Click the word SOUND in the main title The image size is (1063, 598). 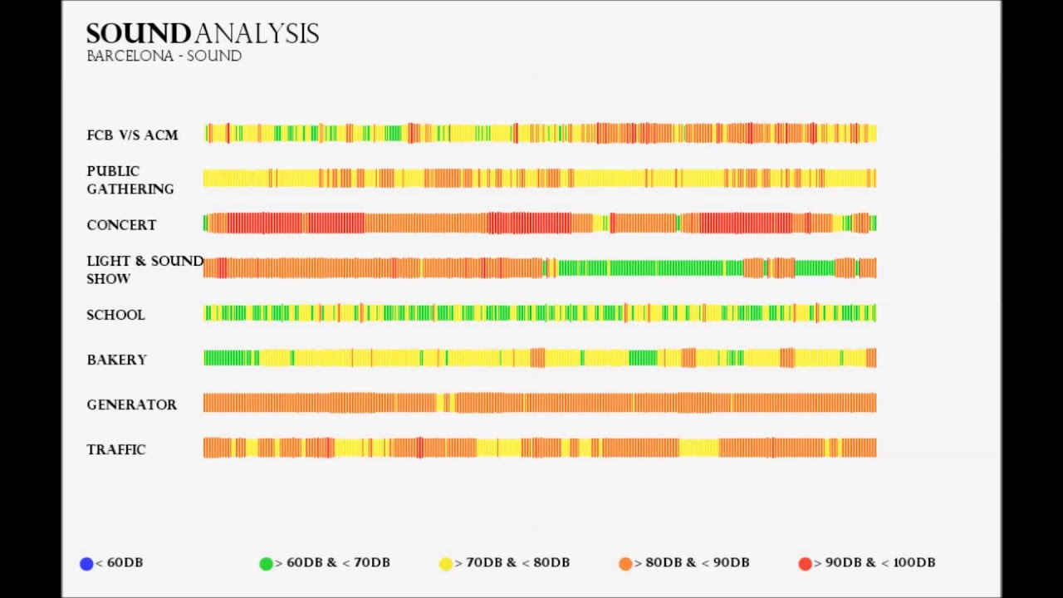[x=139, y=34]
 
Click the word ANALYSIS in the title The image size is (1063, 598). [x=257, y=34]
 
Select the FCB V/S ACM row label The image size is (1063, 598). [x=132, y=135]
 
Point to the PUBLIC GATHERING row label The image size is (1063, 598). [x=130, y=180]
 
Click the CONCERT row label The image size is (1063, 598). [x=121, y=225]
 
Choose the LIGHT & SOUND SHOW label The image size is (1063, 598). [x=144, y=270]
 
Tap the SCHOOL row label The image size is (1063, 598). [x=115, y=315]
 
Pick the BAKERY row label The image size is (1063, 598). [x=116, y=360]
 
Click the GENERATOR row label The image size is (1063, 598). [x=131, y=404]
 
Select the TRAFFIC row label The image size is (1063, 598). [x=116, y=449]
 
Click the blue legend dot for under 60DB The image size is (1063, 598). [x=86, y=564]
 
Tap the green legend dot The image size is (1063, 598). [x=266, y=564]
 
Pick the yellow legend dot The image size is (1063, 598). [x=446, y=564]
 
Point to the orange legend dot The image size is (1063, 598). [x=625, y=564]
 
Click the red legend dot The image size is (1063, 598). [x=805, y=564]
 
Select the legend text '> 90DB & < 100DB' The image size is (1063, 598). [x=874, y=562]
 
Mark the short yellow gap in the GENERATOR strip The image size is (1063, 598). [x=444, y=404]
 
